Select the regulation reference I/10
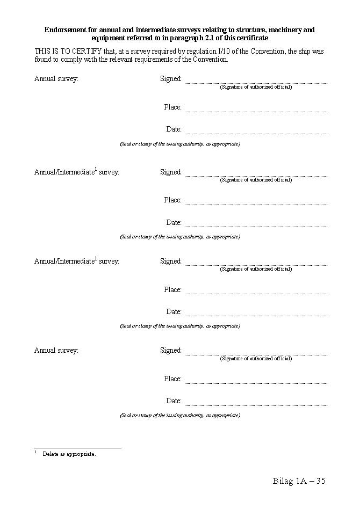click(224, 51)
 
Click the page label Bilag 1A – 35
click(299, 481)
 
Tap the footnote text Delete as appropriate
click(69, 454)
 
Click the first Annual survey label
click(56, 79)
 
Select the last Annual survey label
click(56, 351)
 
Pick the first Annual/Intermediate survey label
click(77, 172)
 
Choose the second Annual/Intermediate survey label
click(77, 261)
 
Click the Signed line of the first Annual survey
click(256, 82)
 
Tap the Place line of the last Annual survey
click(256, 382)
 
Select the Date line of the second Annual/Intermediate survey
click(256, 315)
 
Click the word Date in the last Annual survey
click(174, 401)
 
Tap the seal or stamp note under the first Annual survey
click(180, 144)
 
